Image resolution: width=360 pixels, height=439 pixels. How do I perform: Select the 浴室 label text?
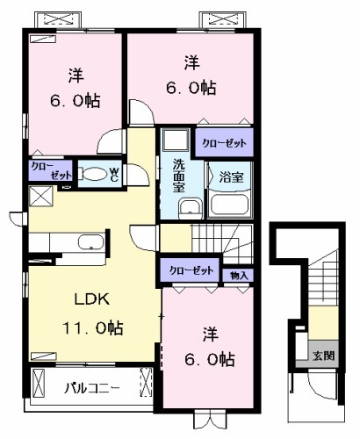(231, 177)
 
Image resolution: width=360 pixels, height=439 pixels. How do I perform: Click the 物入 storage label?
(240, 276)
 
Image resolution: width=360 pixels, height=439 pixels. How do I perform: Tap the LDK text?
(90, 299)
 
